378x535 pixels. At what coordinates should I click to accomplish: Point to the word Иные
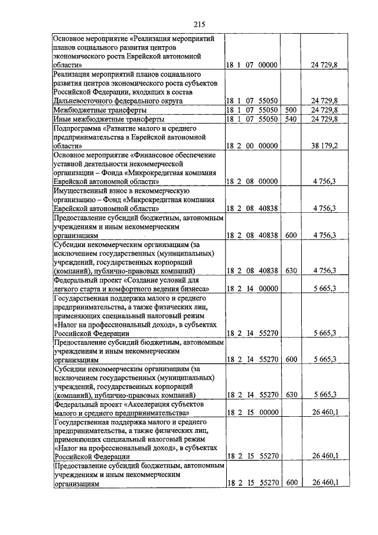pos(63,119)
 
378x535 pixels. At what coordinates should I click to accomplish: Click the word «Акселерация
pos(154,404)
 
